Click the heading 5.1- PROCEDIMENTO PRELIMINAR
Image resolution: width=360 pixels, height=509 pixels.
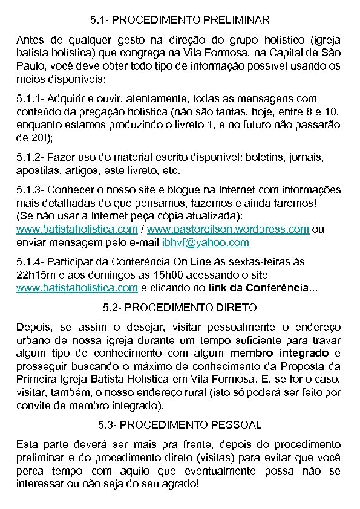point(180,21)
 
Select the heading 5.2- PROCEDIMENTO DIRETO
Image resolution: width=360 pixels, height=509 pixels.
point(180,308)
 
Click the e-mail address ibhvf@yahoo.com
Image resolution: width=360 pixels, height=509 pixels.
point(197,242)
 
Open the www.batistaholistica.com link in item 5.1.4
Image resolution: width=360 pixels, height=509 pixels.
point(77,288)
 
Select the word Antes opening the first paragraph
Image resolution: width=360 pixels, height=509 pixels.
point(31,39)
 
